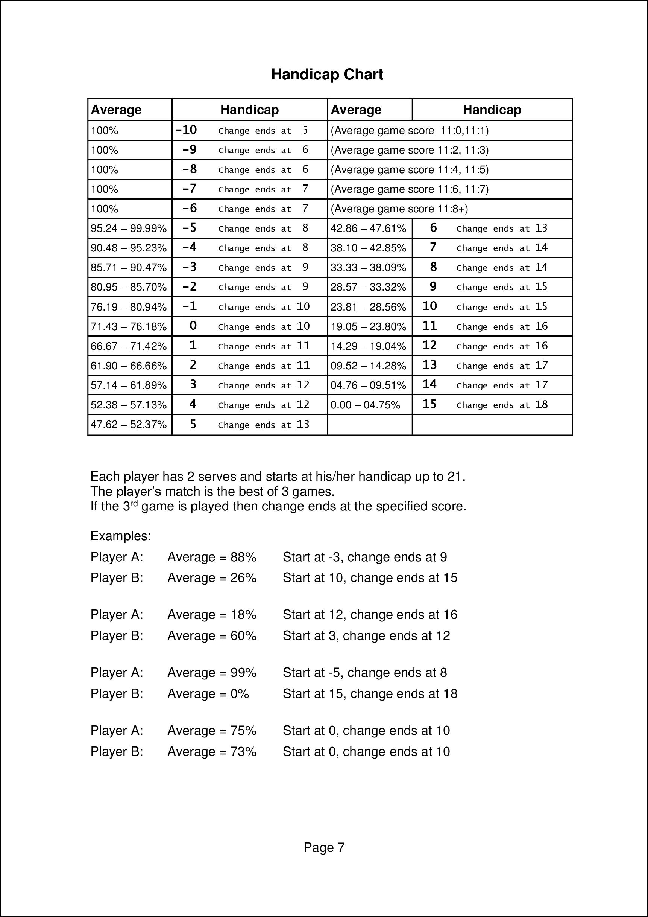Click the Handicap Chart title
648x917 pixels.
(327, 75)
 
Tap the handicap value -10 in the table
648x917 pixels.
(186, 130)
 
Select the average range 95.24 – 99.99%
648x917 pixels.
(129, 228)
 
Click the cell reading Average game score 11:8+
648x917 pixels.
(399, 209)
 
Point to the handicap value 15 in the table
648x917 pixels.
(429, 404)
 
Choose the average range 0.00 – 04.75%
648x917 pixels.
(365, 405)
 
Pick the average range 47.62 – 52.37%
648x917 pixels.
(129, 425)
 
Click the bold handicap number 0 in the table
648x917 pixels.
(193, 326)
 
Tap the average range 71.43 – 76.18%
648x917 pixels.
(129, 327)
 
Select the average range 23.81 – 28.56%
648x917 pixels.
(368, 307)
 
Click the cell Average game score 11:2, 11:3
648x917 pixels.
(410, 150)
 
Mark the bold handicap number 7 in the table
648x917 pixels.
(433, 248)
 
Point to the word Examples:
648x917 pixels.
(120, 536)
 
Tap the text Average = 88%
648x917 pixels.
(212, 557)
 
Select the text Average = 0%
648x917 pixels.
(208, 694)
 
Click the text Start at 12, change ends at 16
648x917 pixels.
(370, 615)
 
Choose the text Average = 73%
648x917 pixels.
(212, 752)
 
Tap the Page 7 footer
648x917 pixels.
(324, 847)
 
